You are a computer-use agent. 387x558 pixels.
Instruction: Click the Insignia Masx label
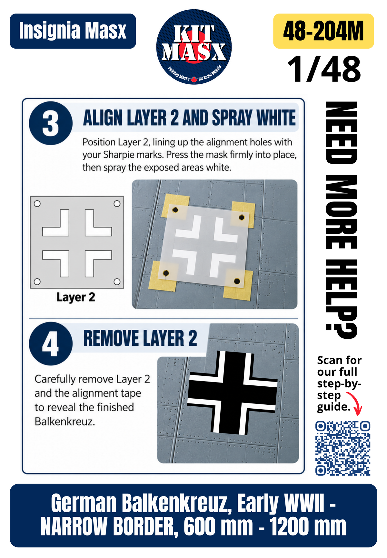(x=73, y=31)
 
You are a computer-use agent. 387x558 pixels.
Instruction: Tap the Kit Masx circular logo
(x=194, y=47)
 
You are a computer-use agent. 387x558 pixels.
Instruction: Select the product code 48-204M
(x=323, y=31)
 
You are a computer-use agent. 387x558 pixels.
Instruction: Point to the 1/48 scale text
(x=324, y=69)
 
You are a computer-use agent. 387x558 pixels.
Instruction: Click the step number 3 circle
(x=51, y=123)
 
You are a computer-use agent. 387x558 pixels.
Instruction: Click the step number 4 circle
(x=51, y=344)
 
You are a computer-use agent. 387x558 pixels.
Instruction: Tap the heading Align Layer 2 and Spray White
(x=189, y=118)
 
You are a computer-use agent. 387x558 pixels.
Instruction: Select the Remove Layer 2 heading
(x=140, y=338)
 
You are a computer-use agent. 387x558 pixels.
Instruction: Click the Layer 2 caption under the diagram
(x=76, y=297)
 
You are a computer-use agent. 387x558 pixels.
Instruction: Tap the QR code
(x=343, y=448)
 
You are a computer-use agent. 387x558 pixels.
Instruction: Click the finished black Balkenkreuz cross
(x=232, y=392)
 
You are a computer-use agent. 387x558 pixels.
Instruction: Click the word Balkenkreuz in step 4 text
(x=65, y=421)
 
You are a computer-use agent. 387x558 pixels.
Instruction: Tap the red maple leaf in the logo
(x=194, y=79)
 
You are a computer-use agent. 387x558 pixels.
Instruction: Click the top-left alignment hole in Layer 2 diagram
(x=37, y=203)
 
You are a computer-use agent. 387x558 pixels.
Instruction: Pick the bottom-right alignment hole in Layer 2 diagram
(x=117, y=282)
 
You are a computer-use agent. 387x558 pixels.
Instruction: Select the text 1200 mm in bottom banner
(x=308, y=527)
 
